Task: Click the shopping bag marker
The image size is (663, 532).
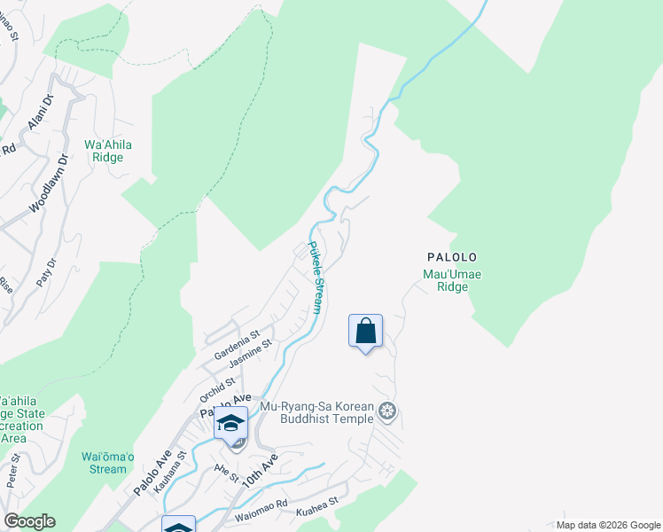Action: (x=365, y=332)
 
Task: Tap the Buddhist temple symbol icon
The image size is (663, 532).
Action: (x=386, y=411)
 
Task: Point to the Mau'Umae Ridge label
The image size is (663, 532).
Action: (x=452, y=281)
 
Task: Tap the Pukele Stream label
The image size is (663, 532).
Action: (x=314, y=278)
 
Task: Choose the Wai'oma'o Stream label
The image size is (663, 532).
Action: (x=108, y=463)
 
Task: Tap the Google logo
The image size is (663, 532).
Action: (x=30, y=521)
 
